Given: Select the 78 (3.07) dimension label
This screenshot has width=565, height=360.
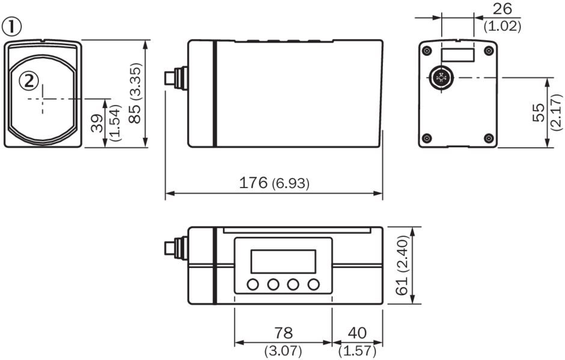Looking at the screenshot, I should click(x=282, y=341).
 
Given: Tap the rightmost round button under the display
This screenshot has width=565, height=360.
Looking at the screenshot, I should click(x=313, y=284).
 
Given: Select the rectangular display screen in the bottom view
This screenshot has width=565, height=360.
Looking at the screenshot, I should click(x=282, y=260).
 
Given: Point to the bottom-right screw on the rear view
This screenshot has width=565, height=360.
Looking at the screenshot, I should click(x=489, y=138).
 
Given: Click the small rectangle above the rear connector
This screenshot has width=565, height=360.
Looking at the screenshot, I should click(x=457, y=55).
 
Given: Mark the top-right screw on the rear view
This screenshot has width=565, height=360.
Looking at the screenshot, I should click(x=489, y=51).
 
